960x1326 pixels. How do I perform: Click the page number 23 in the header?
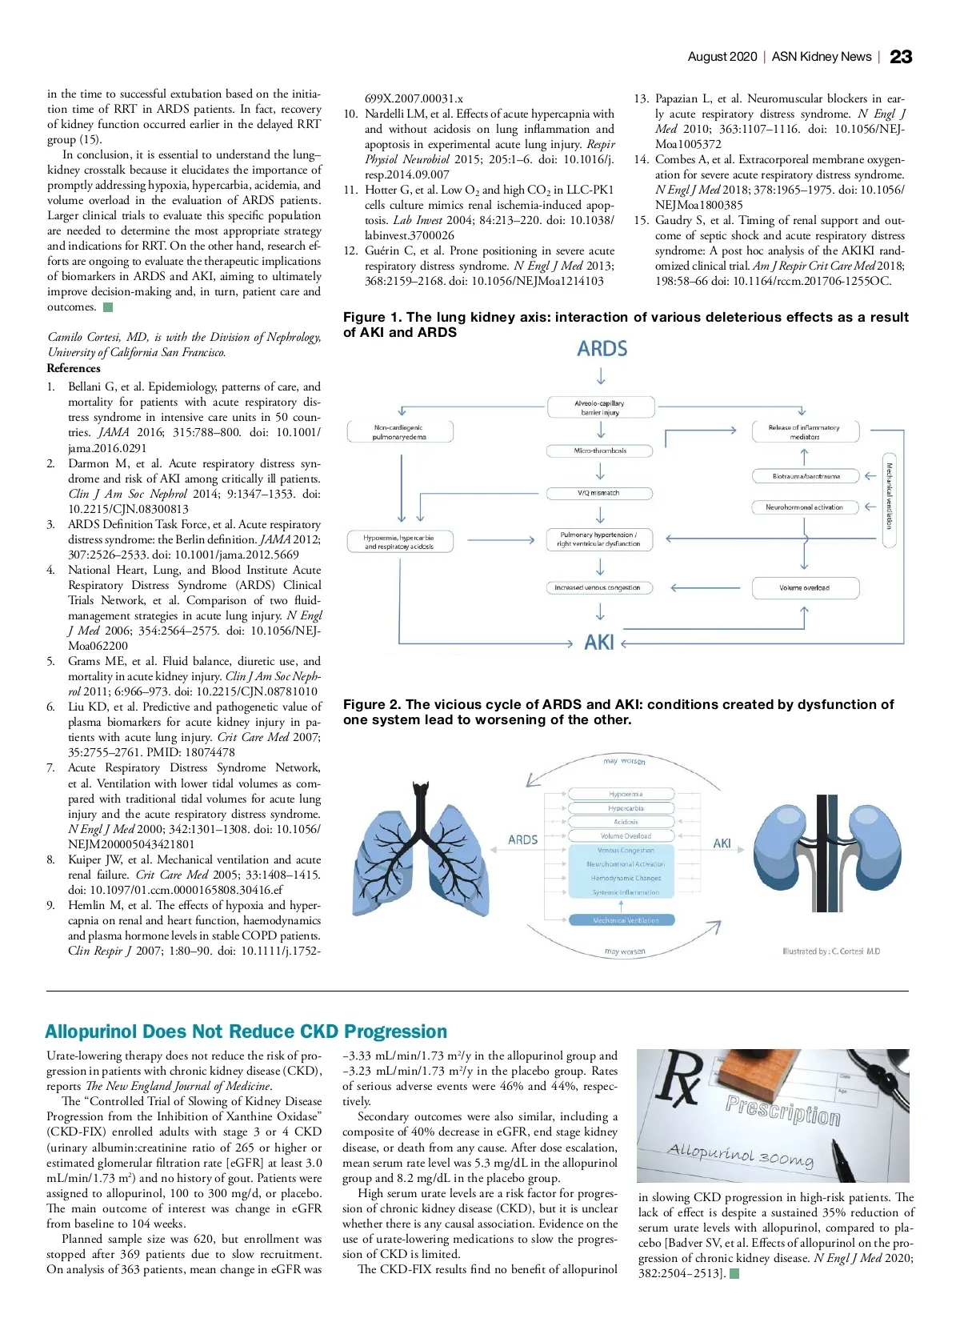[901, 57]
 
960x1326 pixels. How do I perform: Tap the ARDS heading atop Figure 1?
[602, 349]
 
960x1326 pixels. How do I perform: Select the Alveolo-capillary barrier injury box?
[601, 407]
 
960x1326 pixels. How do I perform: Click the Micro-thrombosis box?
[601, 451]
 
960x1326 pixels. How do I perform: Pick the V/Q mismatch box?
[599, 493]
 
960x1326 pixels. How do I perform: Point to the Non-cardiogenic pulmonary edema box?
[400, 432]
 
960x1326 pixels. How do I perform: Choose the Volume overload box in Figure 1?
[805, 588]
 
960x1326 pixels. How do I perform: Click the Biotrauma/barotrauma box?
[806, 476]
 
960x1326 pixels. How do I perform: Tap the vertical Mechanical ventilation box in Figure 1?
[888, 496]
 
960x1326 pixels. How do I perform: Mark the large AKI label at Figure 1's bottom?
[598, 643]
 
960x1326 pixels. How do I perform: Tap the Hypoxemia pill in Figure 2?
[626, 794]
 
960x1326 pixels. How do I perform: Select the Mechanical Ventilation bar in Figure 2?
[626, 920]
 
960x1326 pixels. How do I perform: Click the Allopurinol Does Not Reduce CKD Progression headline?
[246, 1032]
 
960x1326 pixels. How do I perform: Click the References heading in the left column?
[74, 368]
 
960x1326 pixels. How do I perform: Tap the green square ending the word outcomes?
[108, 307]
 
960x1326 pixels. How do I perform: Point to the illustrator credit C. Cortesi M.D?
[831, 951]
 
